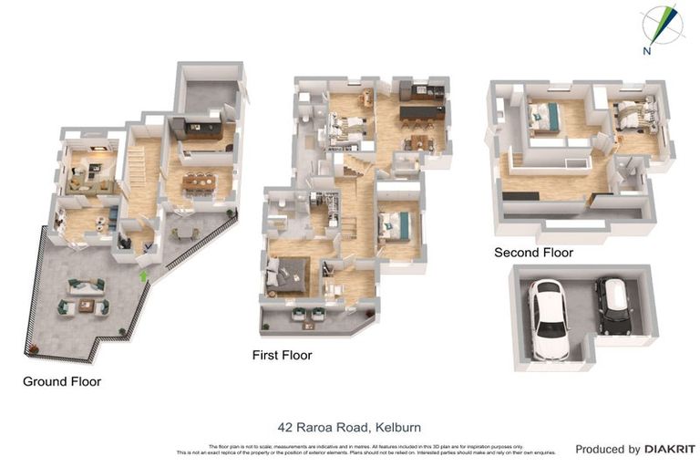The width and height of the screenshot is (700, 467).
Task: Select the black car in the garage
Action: pos(613,306)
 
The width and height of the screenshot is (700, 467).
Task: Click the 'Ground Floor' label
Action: pos(62,381)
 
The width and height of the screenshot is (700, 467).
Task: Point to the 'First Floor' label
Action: pos(282,355)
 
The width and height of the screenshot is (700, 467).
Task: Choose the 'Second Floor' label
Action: pos(533,252)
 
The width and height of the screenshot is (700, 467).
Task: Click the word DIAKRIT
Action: pos(670,449)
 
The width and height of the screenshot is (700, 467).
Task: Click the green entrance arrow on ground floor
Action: pos(142,274)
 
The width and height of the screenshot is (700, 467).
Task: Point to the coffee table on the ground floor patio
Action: pos(86,306)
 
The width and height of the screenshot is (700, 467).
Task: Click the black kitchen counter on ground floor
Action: pos(195,127)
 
